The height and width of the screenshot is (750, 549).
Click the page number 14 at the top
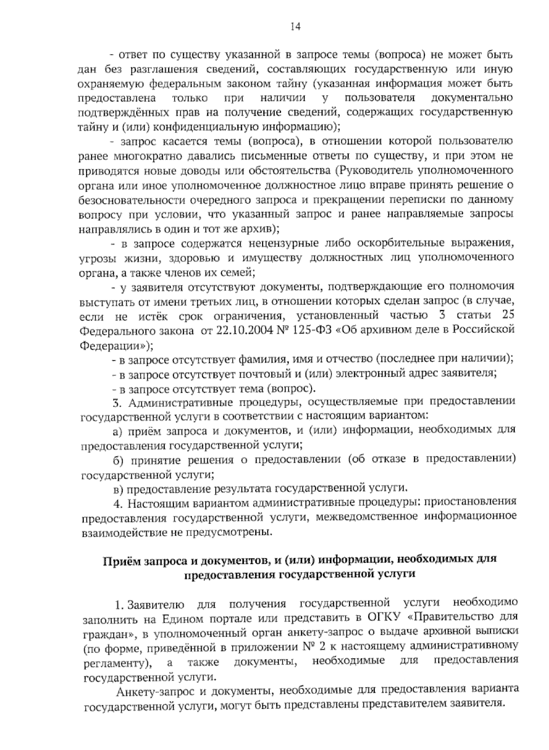click(295, 27)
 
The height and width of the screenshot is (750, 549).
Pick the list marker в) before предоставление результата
click(118, 489)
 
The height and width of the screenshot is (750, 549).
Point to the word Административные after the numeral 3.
click(173, 402)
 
